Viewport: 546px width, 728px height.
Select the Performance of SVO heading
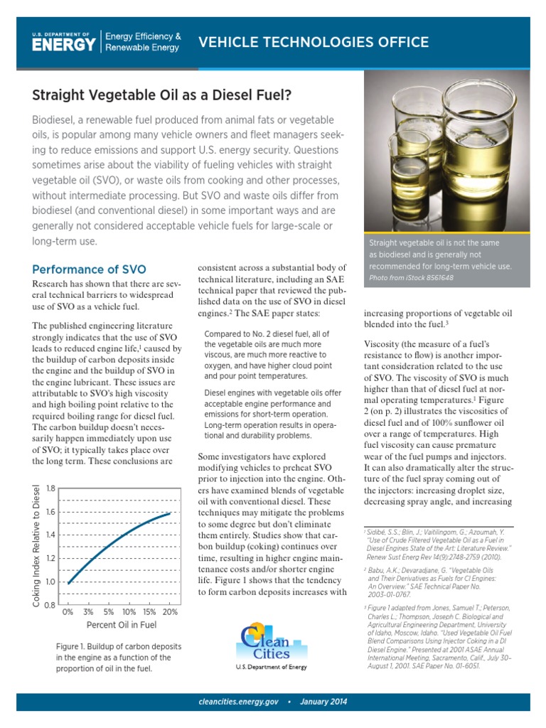coord(90,269)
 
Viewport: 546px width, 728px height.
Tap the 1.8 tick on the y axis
coord(50,488)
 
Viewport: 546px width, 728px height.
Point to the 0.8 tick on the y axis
coord(50,605)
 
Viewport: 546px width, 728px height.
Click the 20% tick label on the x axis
coord(170,611)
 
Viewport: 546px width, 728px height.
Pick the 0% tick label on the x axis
coord(68,611)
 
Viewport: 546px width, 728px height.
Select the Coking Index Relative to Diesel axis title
coord(36,546)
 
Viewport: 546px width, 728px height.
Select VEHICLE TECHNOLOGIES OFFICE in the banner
coord(313,43)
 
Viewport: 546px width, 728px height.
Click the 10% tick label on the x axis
coord(129,611)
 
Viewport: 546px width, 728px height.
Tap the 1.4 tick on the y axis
coord(50,535)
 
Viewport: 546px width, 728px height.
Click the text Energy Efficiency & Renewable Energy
coord(142,42)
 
